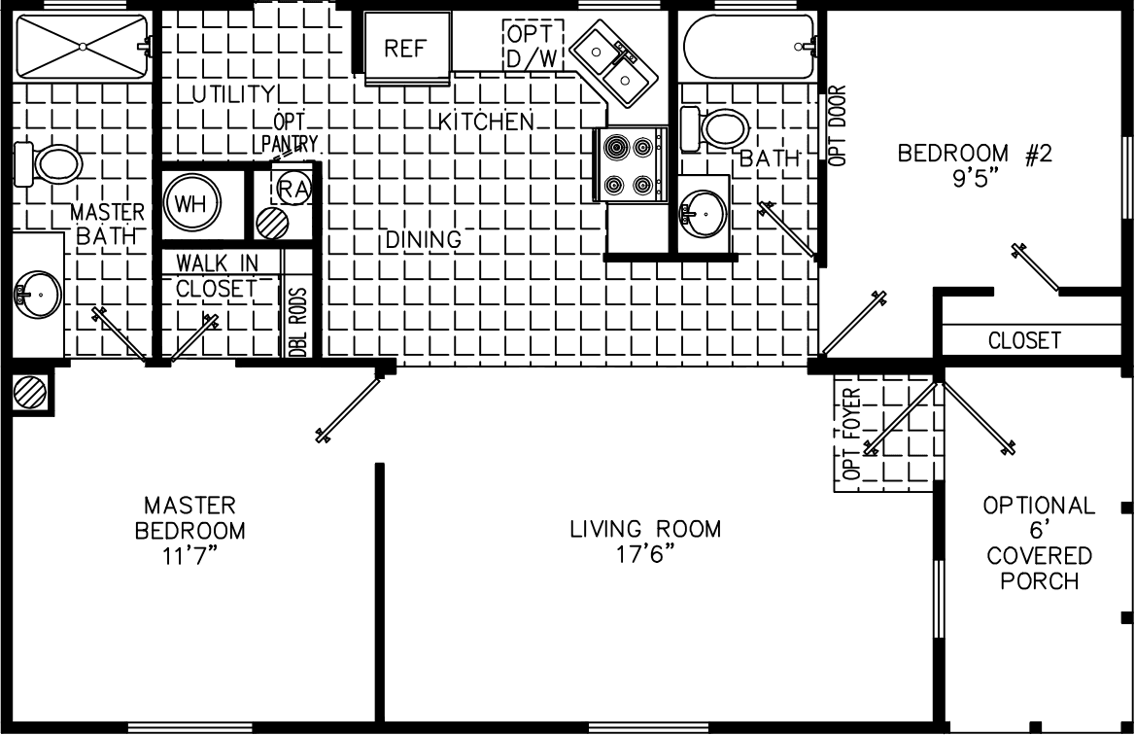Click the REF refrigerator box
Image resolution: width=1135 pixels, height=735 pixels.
click(x=407, y=48)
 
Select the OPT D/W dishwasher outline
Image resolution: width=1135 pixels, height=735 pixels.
click(x=533, y=45)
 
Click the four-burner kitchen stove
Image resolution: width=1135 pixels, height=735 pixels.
click(x=630, y=165)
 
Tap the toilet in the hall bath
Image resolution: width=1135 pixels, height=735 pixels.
click(x=715, y=128)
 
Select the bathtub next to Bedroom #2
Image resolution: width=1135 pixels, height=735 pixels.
click(x=748, y=46)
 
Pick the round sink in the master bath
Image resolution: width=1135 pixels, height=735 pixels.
click(x=37, y=292)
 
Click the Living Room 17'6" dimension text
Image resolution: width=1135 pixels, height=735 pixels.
click(x=645, y=554)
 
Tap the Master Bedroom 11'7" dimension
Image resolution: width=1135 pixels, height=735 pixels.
click(x=189, y=557)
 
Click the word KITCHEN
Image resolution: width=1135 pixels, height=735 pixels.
click(x=487, y=122)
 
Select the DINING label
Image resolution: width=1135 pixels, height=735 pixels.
click(x=422, y=239)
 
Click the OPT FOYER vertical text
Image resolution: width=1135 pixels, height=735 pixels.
click(x=852, y=435)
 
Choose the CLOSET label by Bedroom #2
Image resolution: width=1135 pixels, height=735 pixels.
click(x=1024, y=340)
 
